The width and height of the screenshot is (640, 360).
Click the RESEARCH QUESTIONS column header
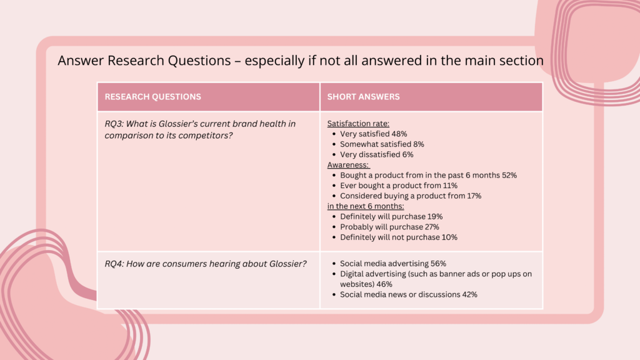152,97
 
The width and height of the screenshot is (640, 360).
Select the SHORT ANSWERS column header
363,97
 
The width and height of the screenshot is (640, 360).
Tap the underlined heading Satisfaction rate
358,124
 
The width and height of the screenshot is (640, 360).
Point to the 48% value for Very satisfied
399,134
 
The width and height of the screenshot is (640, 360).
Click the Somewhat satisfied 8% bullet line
382,144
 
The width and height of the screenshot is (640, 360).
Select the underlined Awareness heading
348,165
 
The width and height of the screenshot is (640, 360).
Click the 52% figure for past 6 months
509,175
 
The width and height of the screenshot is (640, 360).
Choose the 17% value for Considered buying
474,196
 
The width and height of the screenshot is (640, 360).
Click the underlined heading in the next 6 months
365,206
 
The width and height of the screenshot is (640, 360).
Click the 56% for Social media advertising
438,264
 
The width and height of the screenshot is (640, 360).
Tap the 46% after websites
384,284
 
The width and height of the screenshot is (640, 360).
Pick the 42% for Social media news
469,295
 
